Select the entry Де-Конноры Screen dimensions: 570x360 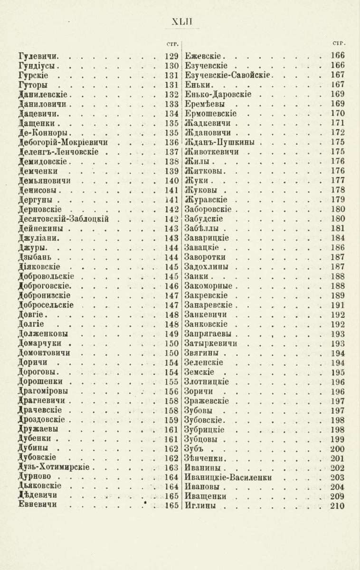tap(44, 132)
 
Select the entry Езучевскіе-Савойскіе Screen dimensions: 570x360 tap(227, 75)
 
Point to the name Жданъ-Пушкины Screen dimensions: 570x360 tap(218, 142)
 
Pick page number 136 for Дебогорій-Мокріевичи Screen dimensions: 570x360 tap(171, 142)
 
